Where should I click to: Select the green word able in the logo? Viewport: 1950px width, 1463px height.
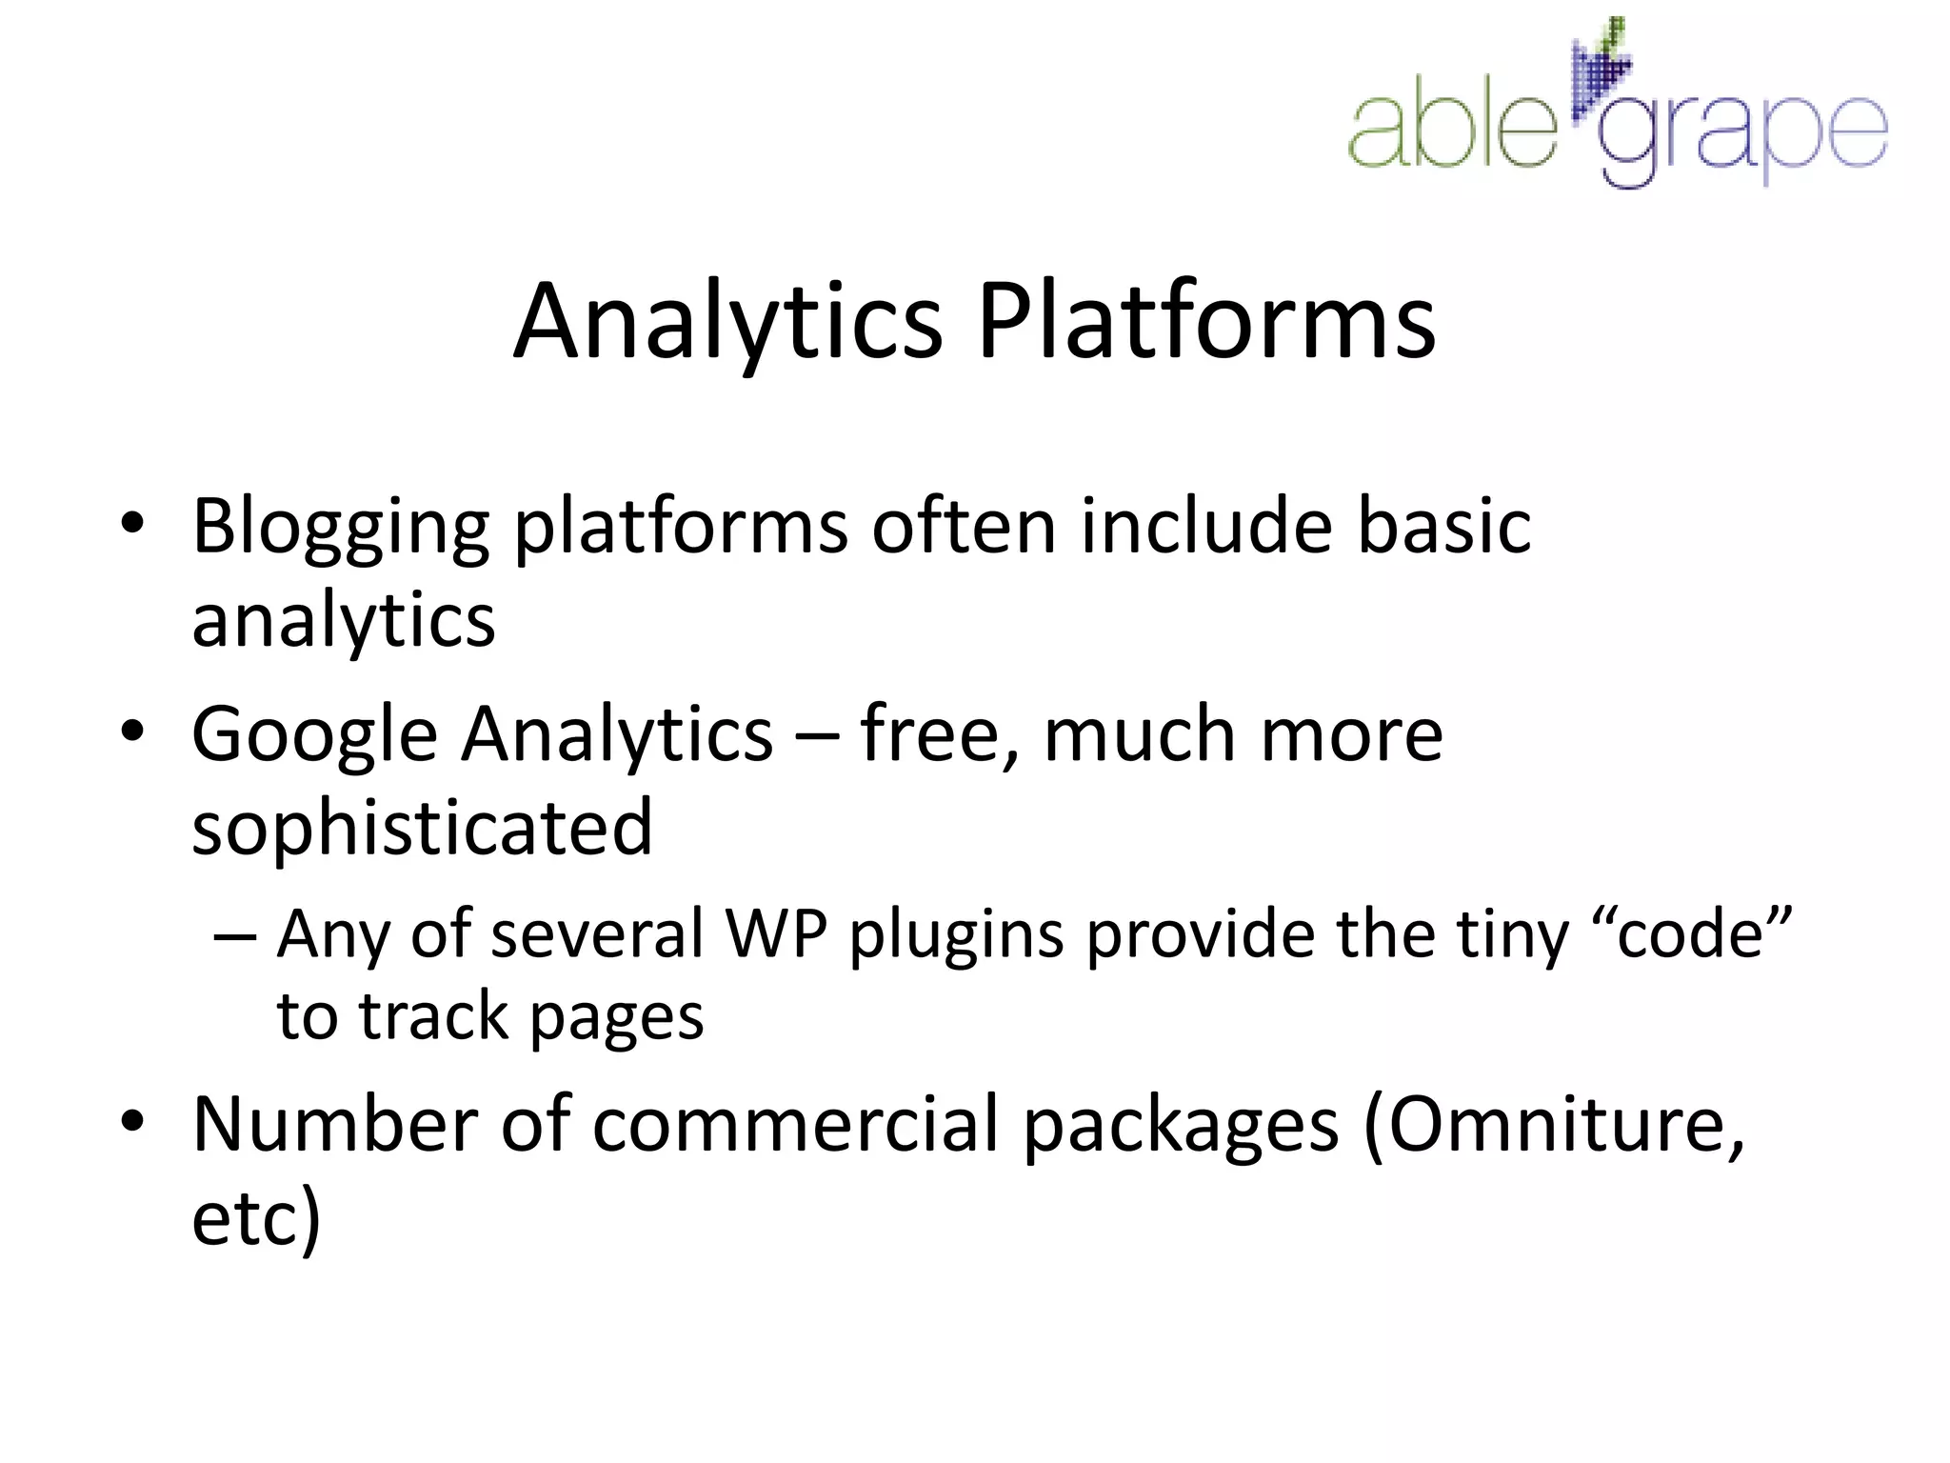(x=1452, y=129)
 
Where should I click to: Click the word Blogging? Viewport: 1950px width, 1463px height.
(x=341, y=527)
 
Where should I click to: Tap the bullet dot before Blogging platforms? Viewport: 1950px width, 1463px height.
(x=132, y=523)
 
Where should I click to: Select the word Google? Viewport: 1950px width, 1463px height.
(x=314, y=736)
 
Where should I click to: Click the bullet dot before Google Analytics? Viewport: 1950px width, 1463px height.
(x=132, y=731)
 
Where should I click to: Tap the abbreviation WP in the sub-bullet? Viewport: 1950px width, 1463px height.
(x=776, y=933)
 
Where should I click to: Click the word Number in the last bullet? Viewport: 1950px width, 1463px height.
(x=334, y=1125)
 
